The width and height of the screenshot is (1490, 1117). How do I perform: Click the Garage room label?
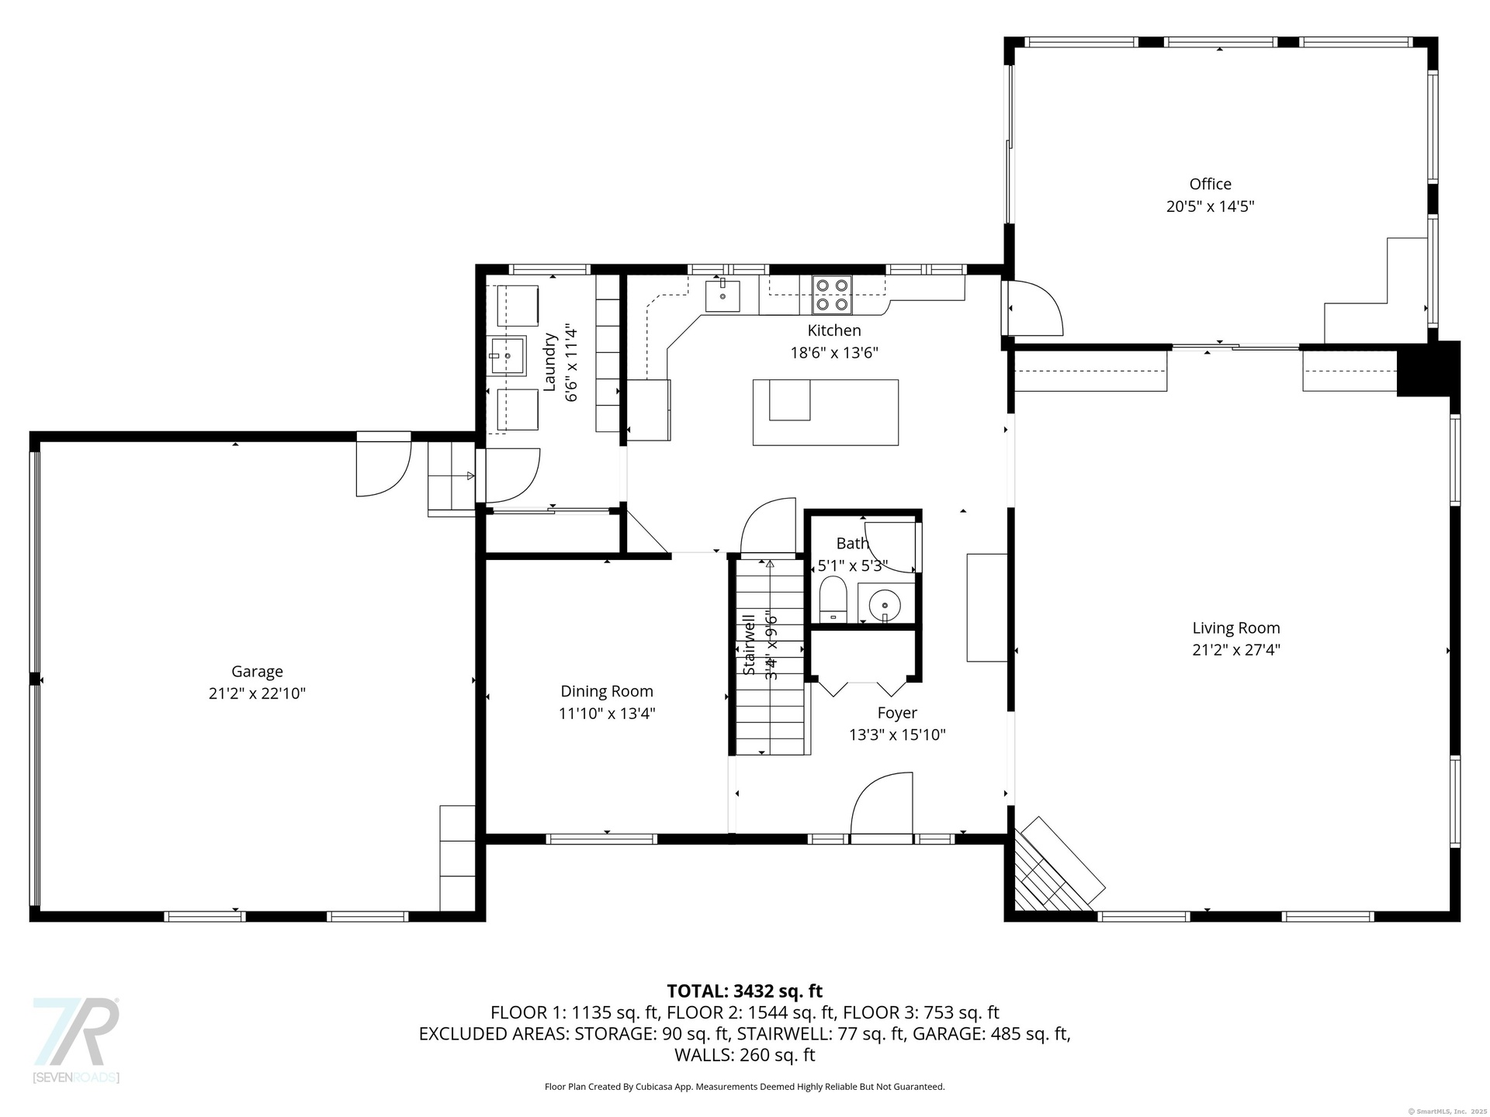tap(257, 672)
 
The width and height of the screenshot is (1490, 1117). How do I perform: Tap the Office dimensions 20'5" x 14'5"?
tap(1210, 206)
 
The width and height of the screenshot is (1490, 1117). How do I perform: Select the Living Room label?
tap(1236, 628)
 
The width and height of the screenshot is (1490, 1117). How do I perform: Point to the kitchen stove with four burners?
tap(832, 295)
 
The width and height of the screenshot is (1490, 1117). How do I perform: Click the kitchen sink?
tap(722, 296)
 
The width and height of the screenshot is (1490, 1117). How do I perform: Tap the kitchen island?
tap(826, 412)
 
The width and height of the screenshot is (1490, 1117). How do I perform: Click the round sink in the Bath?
tap(885, 603)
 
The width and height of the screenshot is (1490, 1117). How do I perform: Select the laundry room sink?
tap(507, 356)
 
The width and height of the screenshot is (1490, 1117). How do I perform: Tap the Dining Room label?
tap(607, 691)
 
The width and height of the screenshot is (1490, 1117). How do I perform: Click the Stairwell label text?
tap(749, 645)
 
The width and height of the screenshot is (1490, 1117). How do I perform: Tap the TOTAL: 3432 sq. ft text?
tap(745, 991)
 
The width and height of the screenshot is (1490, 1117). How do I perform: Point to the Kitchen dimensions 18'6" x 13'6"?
tap(834, 352)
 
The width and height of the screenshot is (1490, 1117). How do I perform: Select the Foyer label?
tap(897, 713)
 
